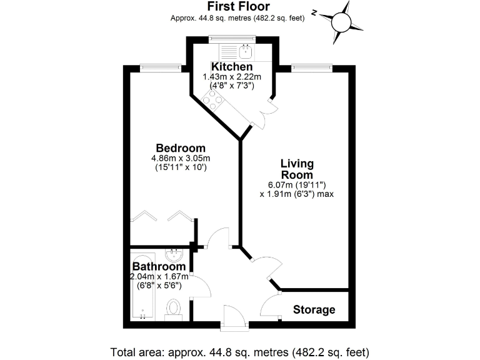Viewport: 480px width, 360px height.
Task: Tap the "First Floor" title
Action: coord(237,7)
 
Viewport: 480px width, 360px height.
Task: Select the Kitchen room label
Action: coord(231,66)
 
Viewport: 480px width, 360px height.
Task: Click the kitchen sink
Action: coord(246,49)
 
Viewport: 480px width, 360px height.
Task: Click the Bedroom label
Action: coord(181,148)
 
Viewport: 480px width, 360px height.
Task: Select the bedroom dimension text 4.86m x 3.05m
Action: coord(181,158)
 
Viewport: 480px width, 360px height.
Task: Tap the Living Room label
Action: coord(296,169)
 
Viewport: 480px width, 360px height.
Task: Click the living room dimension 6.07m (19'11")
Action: coord(296,184)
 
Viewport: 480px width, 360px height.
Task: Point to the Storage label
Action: coord(314,310)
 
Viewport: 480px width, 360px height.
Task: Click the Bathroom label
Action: coord(158,267)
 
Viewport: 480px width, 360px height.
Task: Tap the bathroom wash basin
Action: coord(174,256)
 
